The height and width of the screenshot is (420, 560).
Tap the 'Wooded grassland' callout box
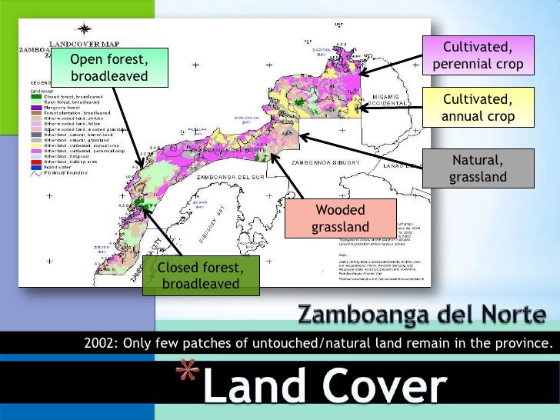pyautogui.click(x=340, y=218)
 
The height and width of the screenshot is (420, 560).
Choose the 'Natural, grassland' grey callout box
pyautogui.click(x=478, y=168)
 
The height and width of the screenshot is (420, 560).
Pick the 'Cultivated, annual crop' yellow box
pyautogui.click(x=478, y=108)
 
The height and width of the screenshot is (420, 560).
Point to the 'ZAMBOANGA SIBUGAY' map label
pyautogui.click(x=324, y=164)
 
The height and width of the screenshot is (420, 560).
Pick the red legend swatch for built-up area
pyautogui.click(x=35, y=163)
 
